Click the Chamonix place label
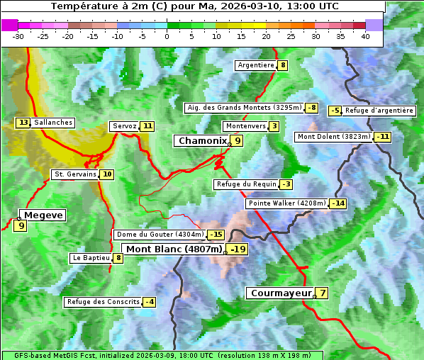pyautogui.click(x=202, y=141)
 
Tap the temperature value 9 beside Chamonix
pyautogui.click(x=238, y=141)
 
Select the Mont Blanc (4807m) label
pyautogui.click(x=174, y=249)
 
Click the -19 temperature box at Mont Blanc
pyautogui.click(x=237, y=249)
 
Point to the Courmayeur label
pyautogui.click(x=281, y=293)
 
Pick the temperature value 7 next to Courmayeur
pyautogui.click(x=323, y=293)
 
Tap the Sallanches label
pyautogui.click(x=53, y=123)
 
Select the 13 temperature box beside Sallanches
pyautogui.click(x=23, y=123)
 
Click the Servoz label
pyautogui.click(x=124, y=126)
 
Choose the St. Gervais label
pyautogui.click(x=74, y=174)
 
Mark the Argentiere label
pyautogui.click(x=256, y=65)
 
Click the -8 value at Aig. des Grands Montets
pyautogui.click(x=312, y=108)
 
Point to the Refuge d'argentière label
pyautogui.click(x=379, y=111)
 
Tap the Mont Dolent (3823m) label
pyautogui.click(x=334, y=137)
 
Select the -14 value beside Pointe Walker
pyautogui.click(x=338, y=203)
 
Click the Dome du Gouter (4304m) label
pyautogui.click(x=160, y=235)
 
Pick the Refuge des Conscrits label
pyautogui.click(x=103, y=302)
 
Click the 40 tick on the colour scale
pyautogui.click(x=365, y=36)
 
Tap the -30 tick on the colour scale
pyautogui.click(x=18, y=36)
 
